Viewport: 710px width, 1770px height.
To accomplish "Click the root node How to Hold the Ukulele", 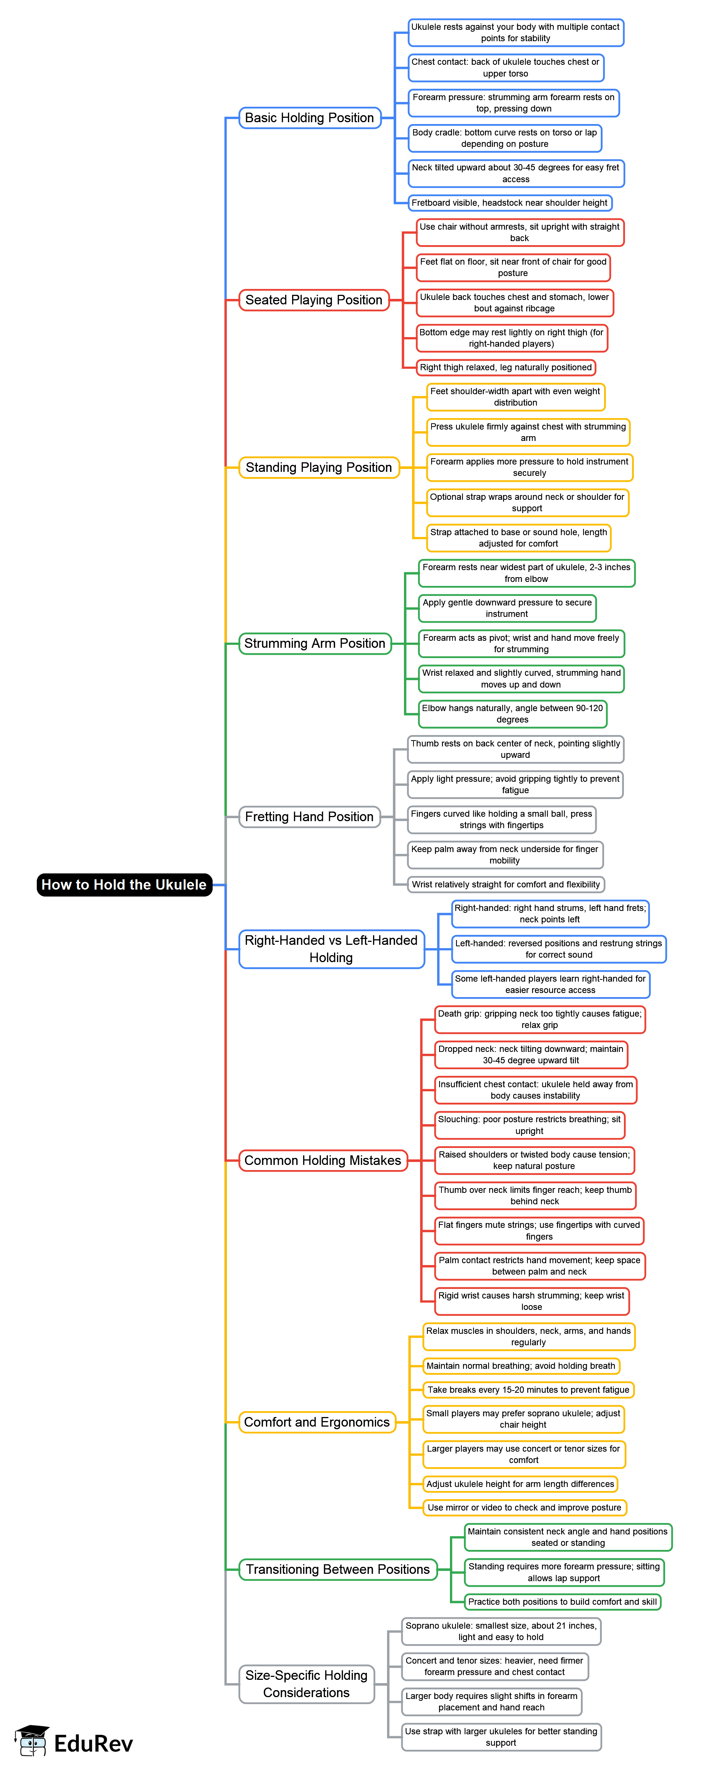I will (124, 884).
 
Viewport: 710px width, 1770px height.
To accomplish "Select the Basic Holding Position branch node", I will (310, 117).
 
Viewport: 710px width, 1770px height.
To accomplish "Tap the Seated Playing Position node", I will (314, 300).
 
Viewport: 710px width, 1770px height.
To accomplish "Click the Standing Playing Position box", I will (319, 467).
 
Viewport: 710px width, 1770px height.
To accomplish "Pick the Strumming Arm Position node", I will (315, 643).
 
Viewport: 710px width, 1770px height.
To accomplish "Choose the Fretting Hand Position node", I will (309, 816).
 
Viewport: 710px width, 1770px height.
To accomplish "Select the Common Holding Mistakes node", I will (323, 1160).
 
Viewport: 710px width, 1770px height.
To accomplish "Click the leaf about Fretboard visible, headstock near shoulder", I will (510, 203).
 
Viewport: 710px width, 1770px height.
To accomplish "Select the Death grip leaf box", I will (540, 1019).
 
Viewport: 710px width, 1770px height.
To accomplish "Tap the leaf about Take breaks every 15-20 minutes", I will (528, 1389).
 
